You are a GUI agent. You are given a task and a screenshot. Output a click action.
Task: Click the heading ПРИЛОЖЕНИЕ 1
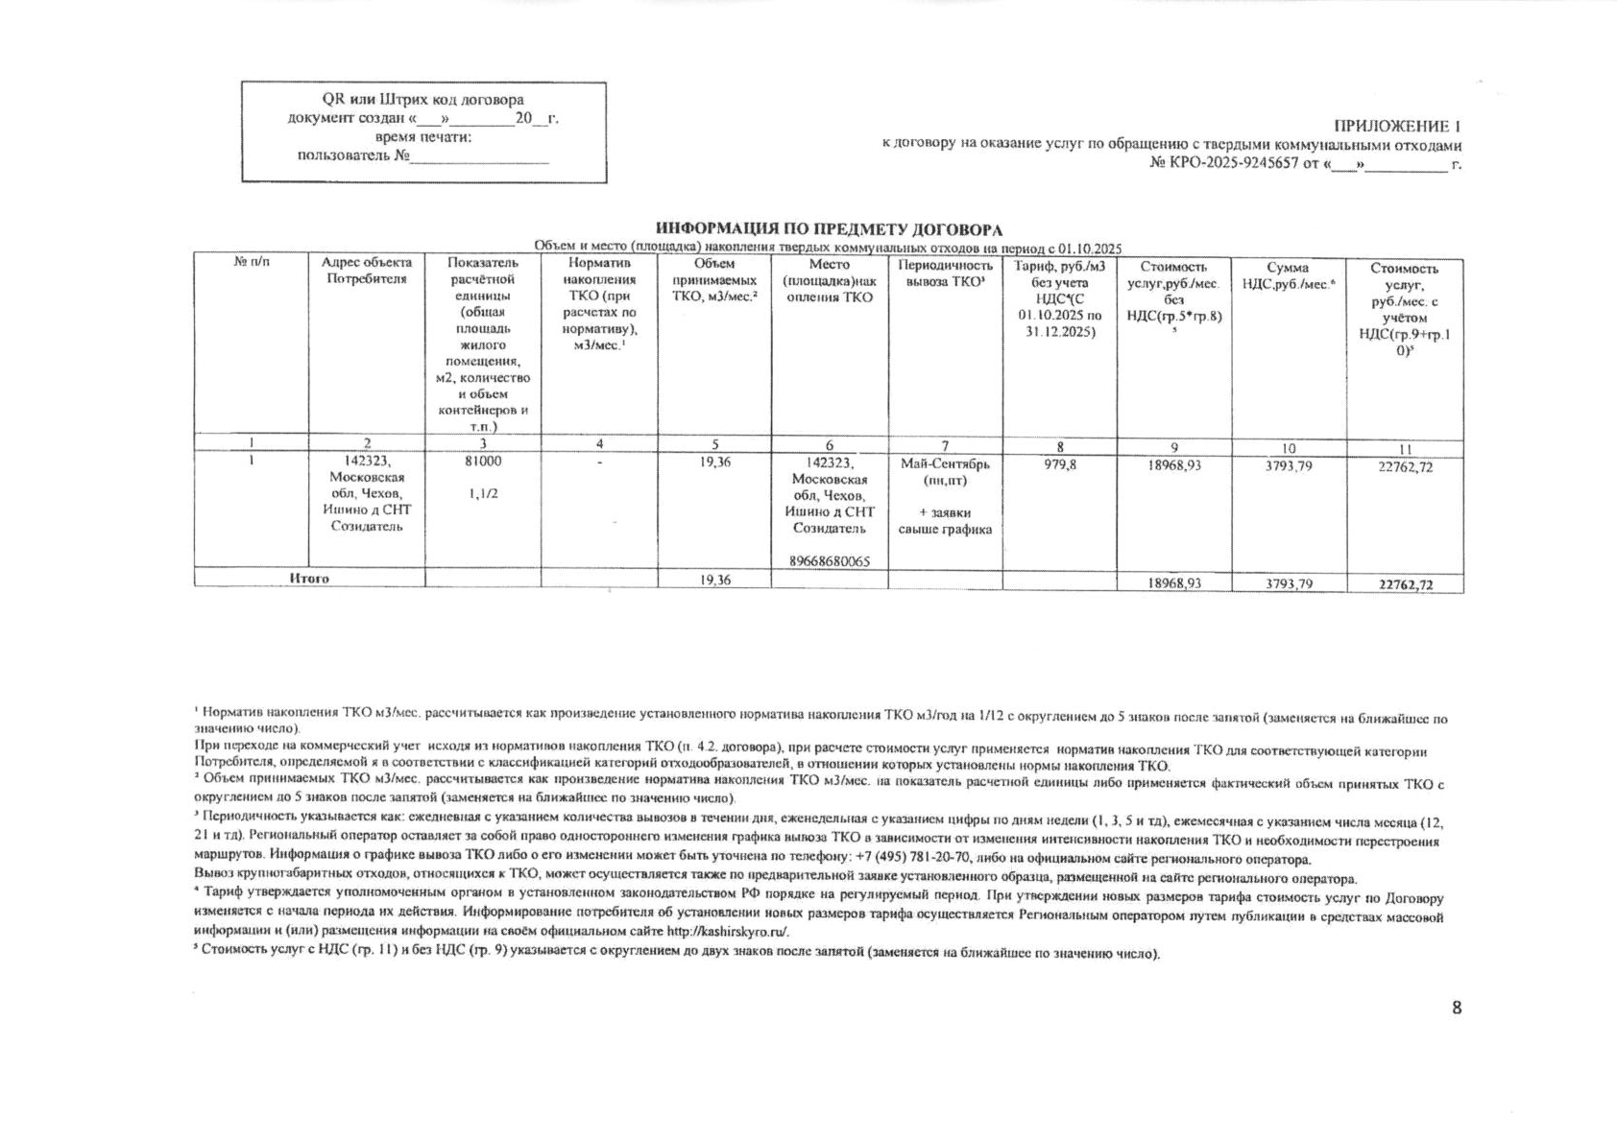pyautogui.click(x=1397, y=127)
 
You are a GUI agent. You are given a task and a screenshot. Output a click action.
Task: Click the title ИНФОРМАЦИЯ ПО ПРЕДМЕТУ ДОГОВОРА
pyautogui.click(x=829, y=229)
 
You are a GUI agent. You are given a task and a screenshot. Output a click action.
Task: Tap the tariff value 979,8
pyautogui.click(x=1059, y=464)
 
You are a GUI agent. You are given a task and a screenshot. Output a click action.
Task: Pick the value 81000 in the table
pyautogui.click(x=482, y=461)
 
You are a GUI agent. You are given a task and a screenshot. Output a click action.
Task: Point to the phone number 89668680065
pyautogui.click(x=829, y=561)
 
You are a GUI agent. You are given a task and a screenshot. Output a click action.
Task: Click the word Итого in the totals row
pyautogui.click(x=309, y=579)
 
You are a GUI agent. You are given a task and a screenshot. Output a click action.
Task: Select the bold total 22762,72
pyautogui.click(x=1405, y=583)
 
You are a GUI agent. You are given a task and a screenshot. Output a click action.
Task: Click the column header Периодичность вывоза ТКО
pyautogui.click(x=945, y=273)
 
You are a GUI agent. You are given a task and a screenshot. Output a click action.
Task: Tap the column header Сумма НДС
pyautogui.click(x=1288, y=275)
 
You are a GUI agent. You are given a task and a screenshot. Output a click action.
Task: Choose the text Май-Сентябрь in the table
pyautogui.click(x=945, y=463)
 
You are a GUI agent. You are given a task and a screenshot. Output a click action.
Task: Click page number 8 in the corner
pyautogui.click(x=1456, y=1008)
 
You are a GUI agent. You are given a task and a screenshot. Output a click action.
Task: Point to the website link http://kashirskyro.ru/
pyautogui.click(x=728, y=932)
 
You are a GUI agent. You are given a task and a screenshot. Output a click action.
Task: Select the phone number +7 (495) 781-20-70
pyautogui.click(x=912, y=859)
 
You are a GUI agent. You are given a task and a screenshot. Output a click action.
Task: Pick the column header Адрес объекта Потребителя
pyautogui.click(x=367, y=271)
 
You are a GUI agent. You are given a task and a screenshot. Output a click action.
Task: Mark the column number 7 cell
pyautogui.click(x=945, y=445)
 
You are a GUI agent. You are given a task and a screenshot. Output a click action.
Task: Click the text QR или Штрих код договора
pyautogui.click(x=422, y=99)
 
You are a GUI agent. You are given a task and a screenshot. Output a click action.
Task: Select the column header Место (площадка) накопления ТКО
pyautogui.click(x=829, y=280)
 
